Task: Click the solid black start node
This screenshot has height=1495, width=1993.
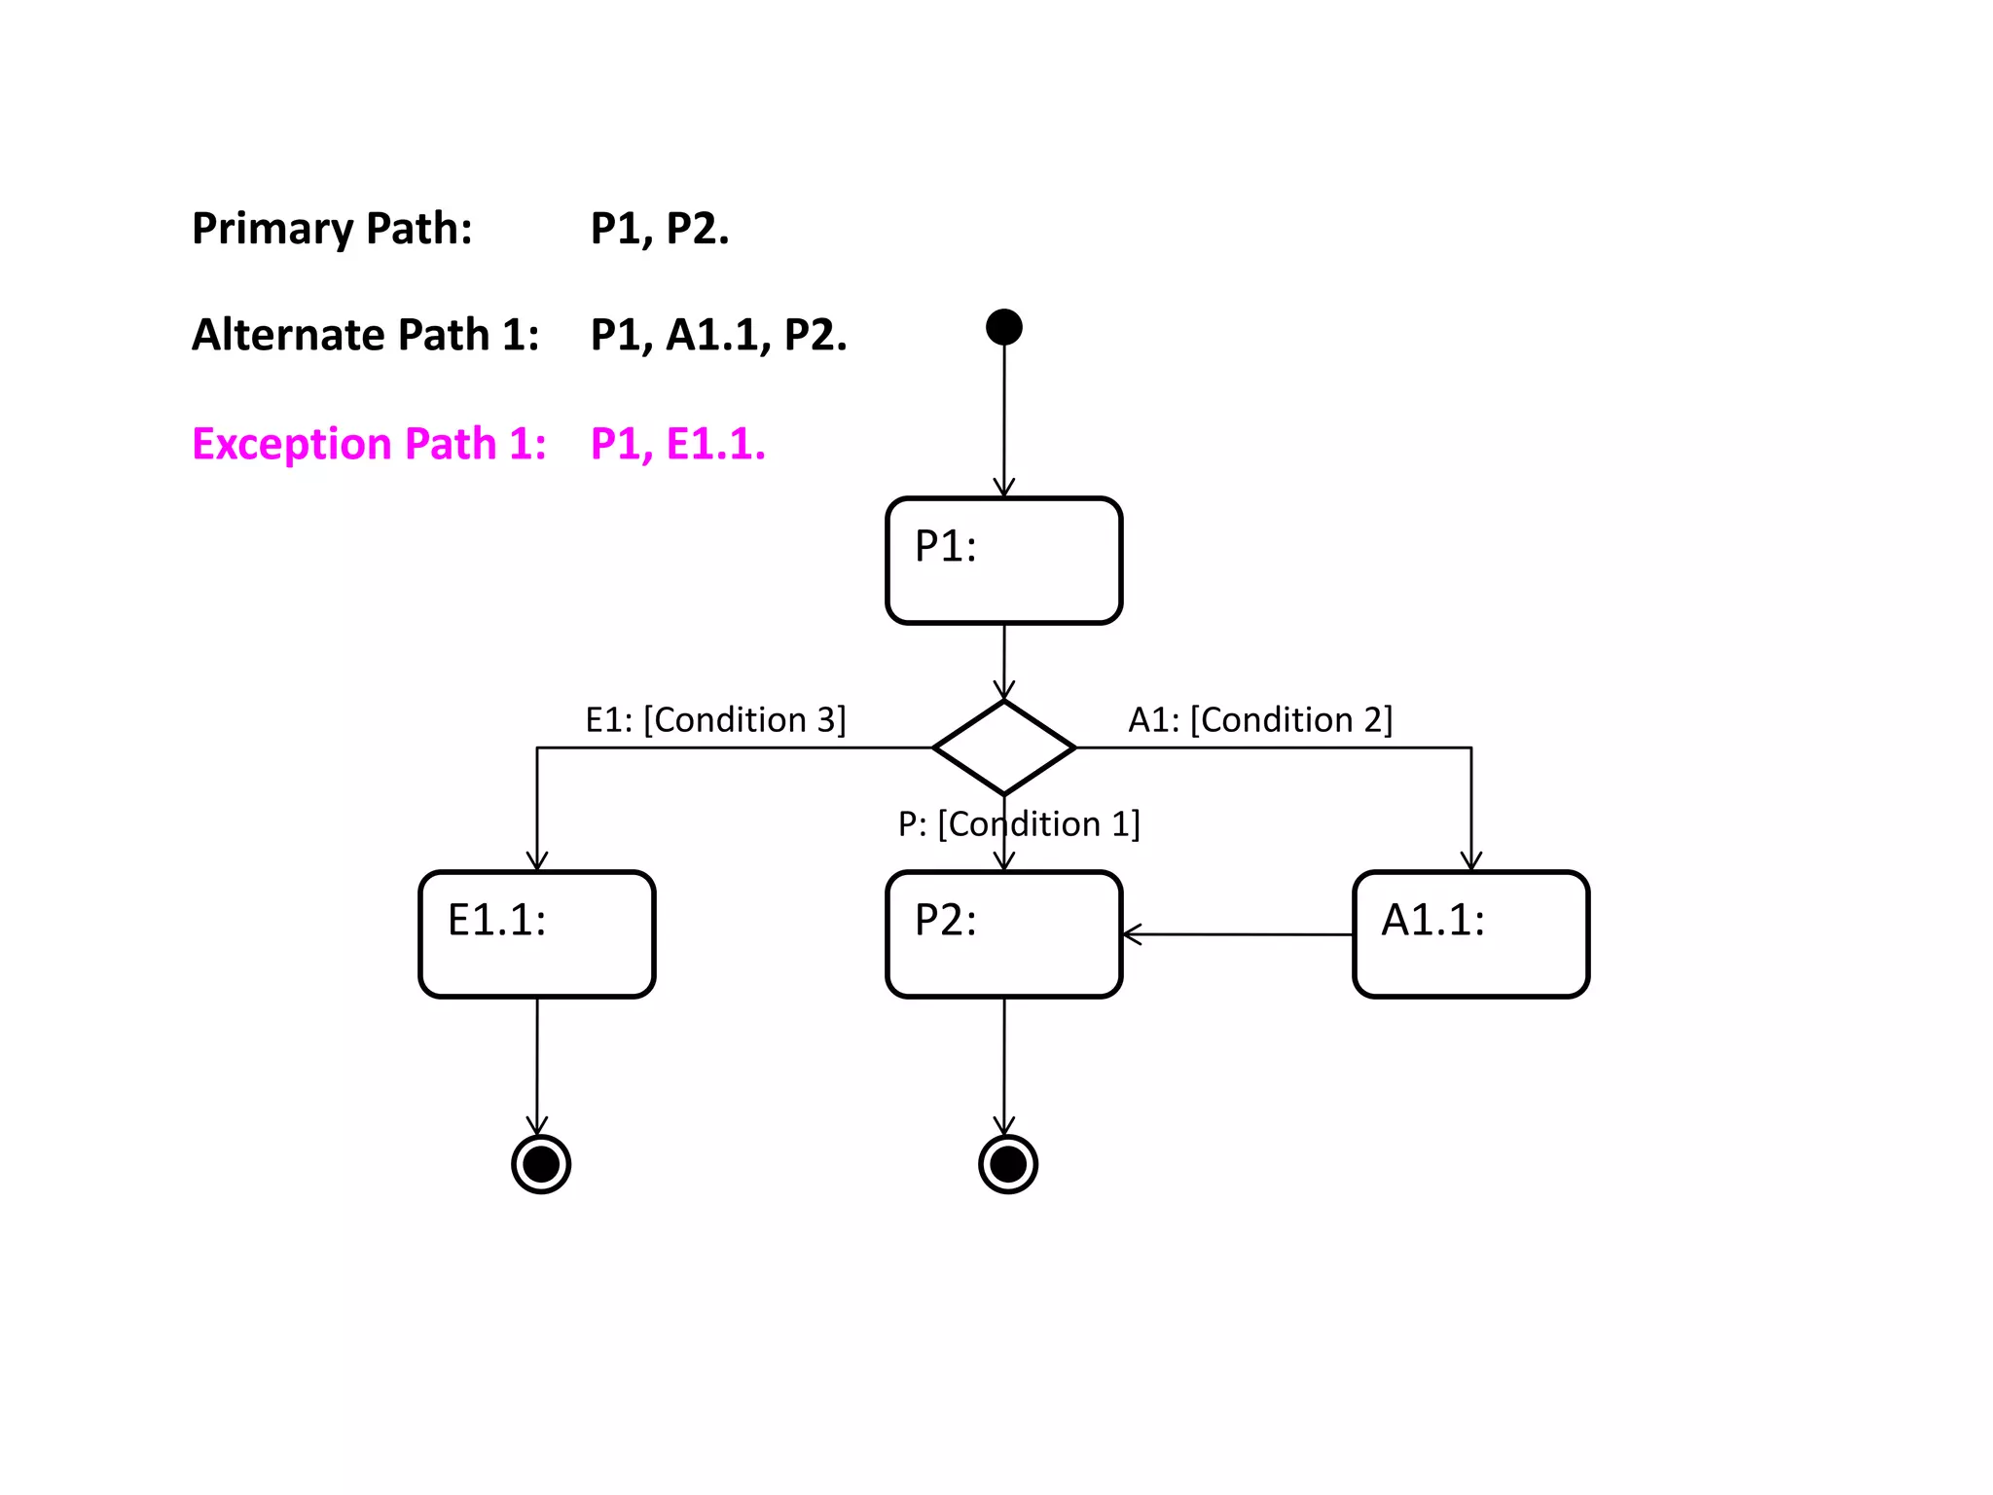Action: tap(1003, 327)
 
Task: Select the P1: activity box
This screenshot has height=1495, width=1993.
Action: tap(1003, 561)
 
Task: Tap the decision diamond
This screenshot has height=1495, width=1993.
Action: tap(1003, 747)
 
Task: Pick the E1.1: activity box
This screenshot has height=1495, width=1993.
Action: tap(536, 934)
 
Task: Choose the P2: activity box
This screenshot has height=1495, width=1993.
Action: tap(1003, 934)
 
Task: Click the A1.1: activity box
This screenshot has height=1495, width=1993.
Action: tap(1470, 934)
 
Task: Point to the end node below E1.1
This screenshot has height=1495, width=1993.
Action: tap(541, 1164)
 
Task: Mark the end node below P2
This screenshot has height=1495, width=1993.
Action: tap(1007, 1164)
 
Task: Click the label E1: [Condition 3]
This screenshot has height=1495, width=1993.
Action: tap(715, 720)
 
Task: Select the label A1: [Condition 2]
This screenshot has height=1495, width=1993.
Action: tap(1260, 720)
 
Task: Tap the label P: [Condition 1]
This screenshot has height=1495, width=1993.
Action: tap(1018, 824)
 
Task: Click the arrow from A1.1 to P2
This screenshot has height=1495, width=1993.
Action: tap(1236, 934)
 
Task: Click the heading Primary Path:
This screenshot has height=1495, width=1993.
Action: tap(332, 230)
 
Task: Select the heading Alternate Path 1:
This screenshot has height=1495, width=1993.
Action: tap(365, 336)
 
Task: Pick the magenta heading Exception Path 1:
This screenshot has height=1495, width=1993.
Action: tap(369, 445)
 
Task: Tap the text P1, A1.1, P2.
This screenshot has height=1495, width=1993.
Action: tap(718, 336)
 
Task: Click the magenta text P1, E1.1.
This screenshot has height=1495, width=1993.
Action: tap(677, 445)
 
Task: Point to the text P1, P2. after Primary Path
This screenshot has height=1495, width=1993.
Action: tap(659, 230)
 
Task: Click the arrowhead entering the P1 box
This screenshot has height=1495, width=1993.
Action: tap(1004, 489)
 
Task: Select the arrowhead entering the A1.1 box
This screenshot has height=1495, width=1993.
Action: tap(1471, 861)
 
